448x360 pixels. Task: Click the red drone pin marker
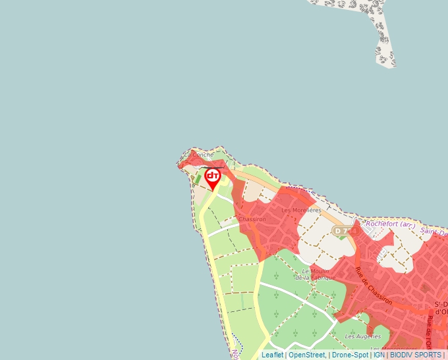[x=213, y=178]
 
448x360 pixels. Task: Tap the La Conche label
[x=199, y=155]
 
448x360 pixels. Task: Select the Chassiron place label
[x=252, y=219]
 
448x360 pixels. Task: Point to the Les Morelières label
[x=300, y=210]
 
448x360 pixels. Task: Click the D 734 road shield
[x=345, y=231]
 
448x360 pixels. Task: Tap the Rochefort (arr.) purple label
[x=390, y=225]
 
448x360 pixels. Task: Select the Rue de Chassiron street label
[x=374, y=286]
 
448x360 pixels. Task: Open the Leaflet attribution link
[x=272, y=355]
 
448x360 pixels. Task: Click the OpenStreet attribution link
[x=306, y=355]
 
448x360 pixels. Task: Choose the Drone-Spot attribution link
[x=350, y=355]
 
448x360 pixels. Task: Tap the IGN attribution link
[x=379, y=355]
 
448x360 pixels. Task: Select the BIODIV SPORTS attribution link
[x=416, y=355]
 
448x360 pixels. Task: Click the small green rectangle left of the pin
[x=198, y=178]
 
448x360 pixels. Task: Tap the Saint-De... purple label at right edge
[x=434, y=232]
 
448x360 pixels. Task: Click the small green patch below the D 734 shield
[x=341, y=238]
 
